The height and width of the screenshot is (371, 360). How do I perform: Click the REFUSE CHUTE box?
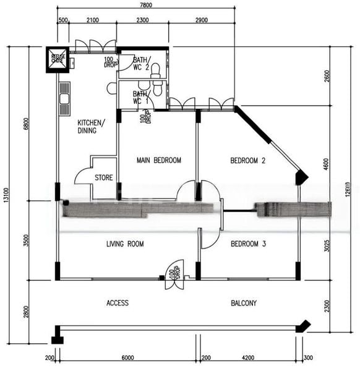pyautogui.click(x=58, y=59)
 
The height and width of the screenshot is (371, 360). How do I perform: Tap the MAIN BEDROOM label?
pyautogui.click(x=159, y=160)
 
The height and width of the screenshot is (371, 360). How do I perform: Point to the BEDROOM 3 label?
pyautogui.click(x=248, y=244)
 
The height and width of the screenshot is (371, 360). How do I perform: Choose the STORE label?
pyautogui.click(x=104, y=177)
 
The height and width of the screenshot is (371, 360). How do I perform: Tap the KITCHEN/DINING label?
pyautogui.click(x=91, y=126)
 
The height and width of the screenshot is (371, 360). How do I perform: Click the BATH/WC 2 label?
pyautogui.click(x=141, y=64)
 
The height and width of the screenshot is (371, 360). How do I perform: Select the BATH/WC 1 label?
pyautogui.click(x=141, y=97)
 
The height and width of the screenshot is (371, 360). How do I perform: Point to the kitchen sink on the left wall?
pyautogui.click(x=64, y=99)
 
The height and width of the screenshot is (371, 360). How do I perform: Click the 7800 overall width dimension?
pyautogui.click(x=147, y=4)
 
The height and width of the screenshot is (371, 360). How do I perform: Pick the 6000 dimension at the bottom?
pyautogui.click(x=127, y=357)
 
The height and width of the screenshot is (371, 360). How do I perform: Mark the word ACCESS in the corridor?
pyautogui.click(x=117, y=303)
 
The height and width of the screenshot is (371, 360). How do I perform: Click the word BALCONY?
pyautogui.click(x=244, y=303)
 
